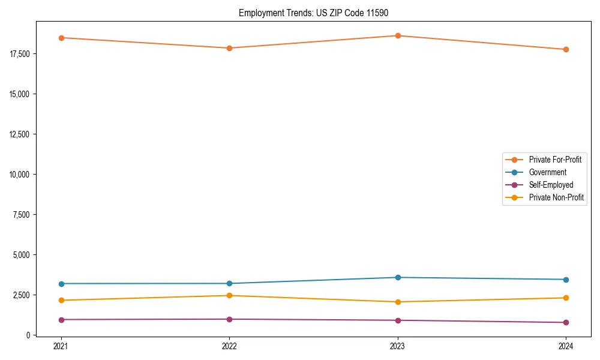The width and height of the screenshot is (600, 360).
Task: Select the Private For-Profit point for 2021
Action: [x=61, y=38]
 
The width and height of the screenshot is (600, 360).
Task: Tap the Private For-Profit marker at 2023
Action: [x=398, y=35]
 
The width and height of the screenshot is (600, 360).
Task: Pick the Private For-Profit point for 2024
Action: [x=566, y=49]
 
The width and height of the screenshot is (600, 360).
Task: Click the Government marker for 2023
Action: [x=398, y=277]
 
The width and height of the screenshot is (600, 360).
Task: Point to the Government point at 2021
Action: [x=61, y=283]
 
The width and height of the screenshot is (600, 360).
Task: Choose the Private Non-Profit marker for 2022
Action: [x=229, y=295]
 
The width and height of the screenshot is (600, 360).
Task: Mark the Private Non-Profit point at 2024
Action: [x=566, y=298]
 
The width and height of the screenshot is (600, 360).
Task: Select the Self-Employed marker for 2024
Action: [x=566, y=322]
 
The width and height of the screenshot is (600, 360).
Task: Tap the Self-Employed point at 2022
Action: [x=229, y=319]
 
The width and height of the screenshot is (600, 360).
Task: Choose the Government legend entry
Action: [x=547, y=172]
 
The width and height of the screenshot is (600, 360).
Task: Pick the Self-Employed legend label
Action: [x=551, y=185]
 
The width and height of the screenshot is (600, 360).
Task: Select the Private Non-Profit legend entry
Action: [x=556, y=197]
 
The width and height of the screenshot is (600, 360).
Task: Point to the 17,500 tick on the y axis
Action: [x=20, y=54]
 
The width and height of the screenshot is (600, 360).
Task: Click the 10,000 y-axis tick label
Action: [x=20, y=175]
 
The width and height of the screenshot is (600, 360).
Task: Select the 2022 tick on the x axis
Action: [x=229, y=346]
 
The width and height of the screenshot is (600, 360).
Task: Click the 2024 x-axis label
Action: [x=566, y=346]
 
